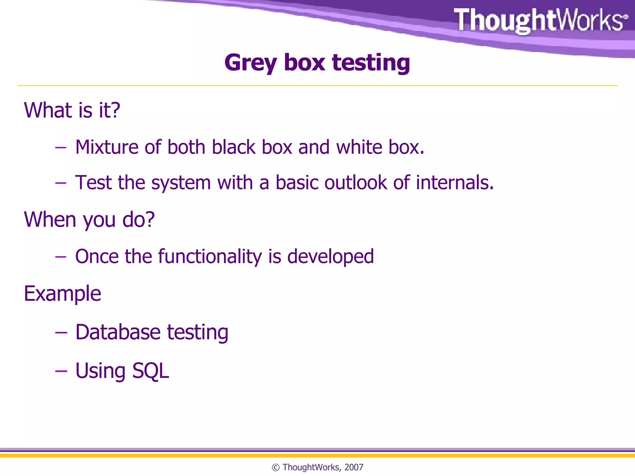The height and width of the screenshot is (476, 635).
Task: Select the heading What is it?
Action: [x=72, y=110]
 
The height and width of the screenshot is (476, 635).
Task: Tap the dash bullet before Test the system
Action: [x=60, y=183]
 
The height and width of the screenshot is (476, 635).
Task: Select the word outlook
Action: [x=355, y=183]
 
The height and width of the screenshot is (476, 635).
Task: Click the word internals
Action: [x=455, y=183]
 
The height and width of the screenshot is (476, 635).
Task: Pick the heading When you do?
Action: [x=89, y=220]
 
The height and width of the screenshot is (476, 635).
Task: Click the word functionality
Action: [x=210, y=257]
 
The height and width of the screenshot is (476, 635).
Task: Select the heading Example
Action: [x=62, y=294]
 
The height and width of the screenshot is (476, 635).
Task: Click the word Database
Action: [x=118, y=332]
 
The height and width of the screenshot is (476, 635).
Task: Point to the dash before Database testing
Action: [x=61, y=333]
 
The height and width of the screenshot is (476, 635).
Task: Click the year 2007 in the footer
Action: [x=354, y=467]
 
